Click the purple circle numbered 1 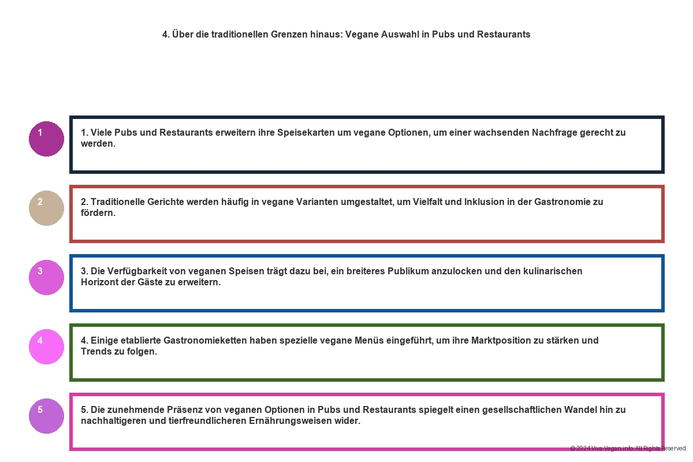[x=46, y=139]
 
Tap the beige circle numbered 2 [x=46, y=208]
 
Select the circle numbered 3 [x=46, y=277]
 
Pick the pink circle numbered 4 [x=46, y=346]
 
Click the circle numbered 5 [x=46, y=416]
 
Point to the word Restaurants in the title [x=503, y=34]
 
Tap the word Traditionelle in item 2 [x=118, y=202]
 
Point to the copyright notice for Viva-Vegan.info [x=628, y=448]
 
